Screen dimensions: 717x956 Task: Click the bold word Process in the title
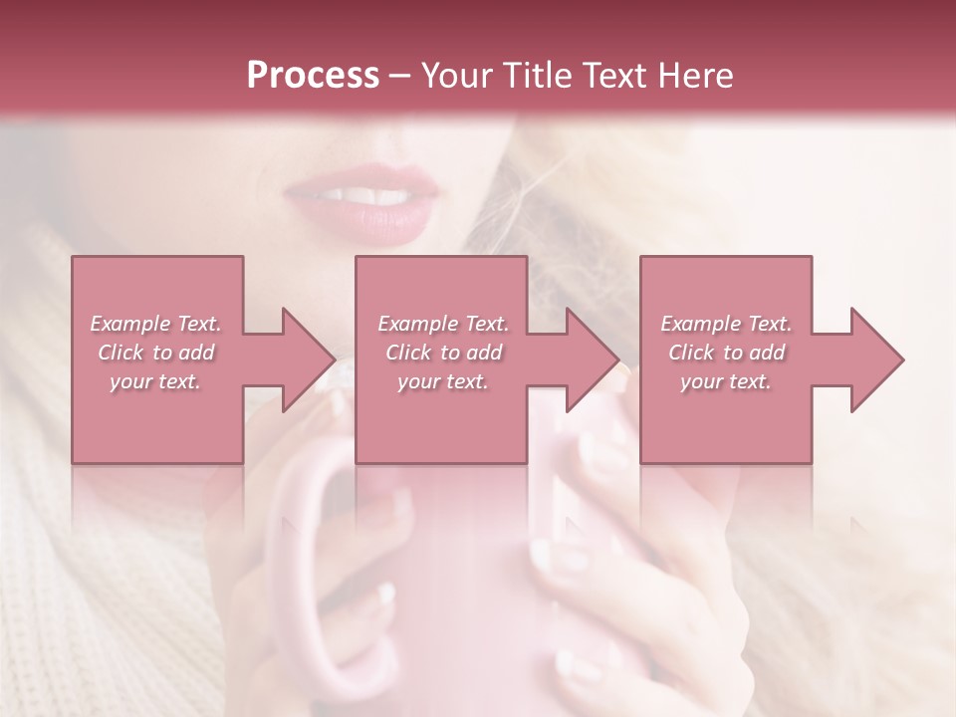[313, 76]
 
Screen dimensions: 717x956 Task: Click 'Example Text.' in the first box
[156, 324]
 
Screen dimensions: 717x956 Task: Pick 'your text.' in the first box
[156, 381]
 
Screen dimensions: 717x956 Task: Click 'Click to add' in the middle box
[443, 353]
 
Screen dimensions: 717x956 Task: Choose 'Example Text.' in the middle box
[443, 324]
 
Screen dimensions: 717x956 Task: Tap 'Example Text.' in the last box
[727, 324]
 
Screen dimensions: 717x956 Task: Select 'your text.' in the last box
[727, 381]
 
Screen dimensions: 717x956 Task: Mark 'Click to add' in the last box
[727, 353]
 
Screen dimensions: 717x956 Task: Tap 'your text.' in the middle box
[443, 381]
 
